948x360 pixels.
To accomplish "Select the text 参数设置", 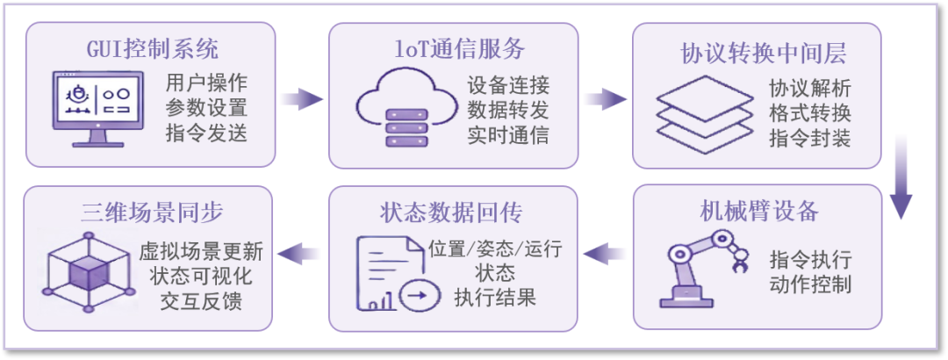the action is (206, 109).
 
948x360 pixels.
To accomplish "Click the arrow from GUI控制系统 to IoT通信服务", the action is (302, 97).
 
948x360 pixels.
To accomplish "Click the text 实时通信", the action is (508, 134).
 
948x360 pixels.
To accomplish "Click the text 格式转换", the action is (810, 113).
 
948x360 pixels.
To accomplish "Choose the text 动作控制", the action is (811, 284).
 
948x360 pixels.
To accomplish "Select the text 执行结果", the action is (495, 298).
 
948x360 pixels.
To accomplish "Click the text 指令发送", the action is (206, 133).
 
